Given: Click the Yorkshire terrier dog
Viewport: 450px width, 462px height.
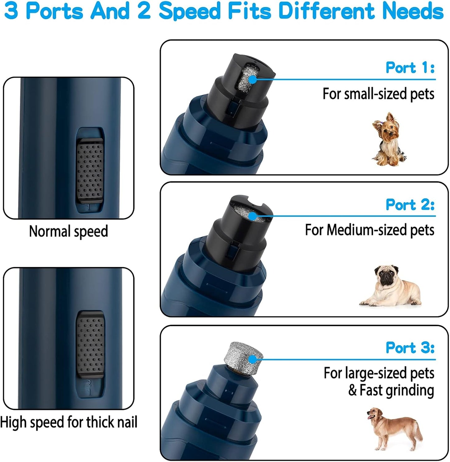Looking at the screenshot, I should click(388, 139).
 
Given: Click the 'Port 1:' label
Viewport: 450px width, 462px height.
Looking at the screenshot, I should click(410, 67).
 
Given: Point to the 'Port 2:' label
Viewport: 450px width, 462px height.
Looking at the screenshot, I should click(410, 205).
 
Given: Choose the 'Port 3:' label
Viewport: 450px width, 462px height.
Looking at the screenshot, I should click(410, 347).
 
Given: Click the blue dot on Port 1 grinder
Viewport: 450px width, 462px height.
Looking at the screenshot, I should click(253, 79).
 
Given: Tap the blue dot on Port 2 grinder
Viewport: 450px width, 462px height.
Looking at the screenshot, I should click(253, 216).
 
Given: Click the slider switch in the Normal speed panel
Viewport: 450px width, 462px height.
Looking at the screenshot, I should click(90, 170).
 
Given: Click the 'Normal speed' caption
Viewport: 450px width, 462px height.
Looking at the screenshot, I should click(69, 231).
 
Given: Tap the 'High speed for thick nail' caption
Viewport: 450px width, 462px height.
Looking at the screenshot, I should click(69, 422).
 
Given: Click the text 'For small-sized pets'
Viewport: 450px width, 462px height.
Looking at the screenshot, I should click(378, 94).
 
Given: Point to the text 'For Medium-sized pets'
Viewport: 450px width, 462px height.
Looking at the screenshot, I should click(369, 230).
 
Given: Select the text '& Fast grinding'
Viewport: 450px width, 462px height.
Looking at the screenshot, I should click(391, 390).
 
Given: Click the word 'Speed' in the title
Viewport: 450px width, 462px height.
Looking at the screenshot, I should click(190, 11).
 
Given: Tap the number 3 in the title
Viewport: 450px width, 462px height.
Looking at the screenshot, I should click(11, 11).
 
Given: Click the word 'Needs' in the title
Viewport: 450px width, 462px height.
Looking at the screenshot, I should click(413, 11).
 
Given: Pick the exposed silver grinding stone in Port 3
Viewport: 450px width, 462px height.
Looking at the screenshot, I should click(244, 355).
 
